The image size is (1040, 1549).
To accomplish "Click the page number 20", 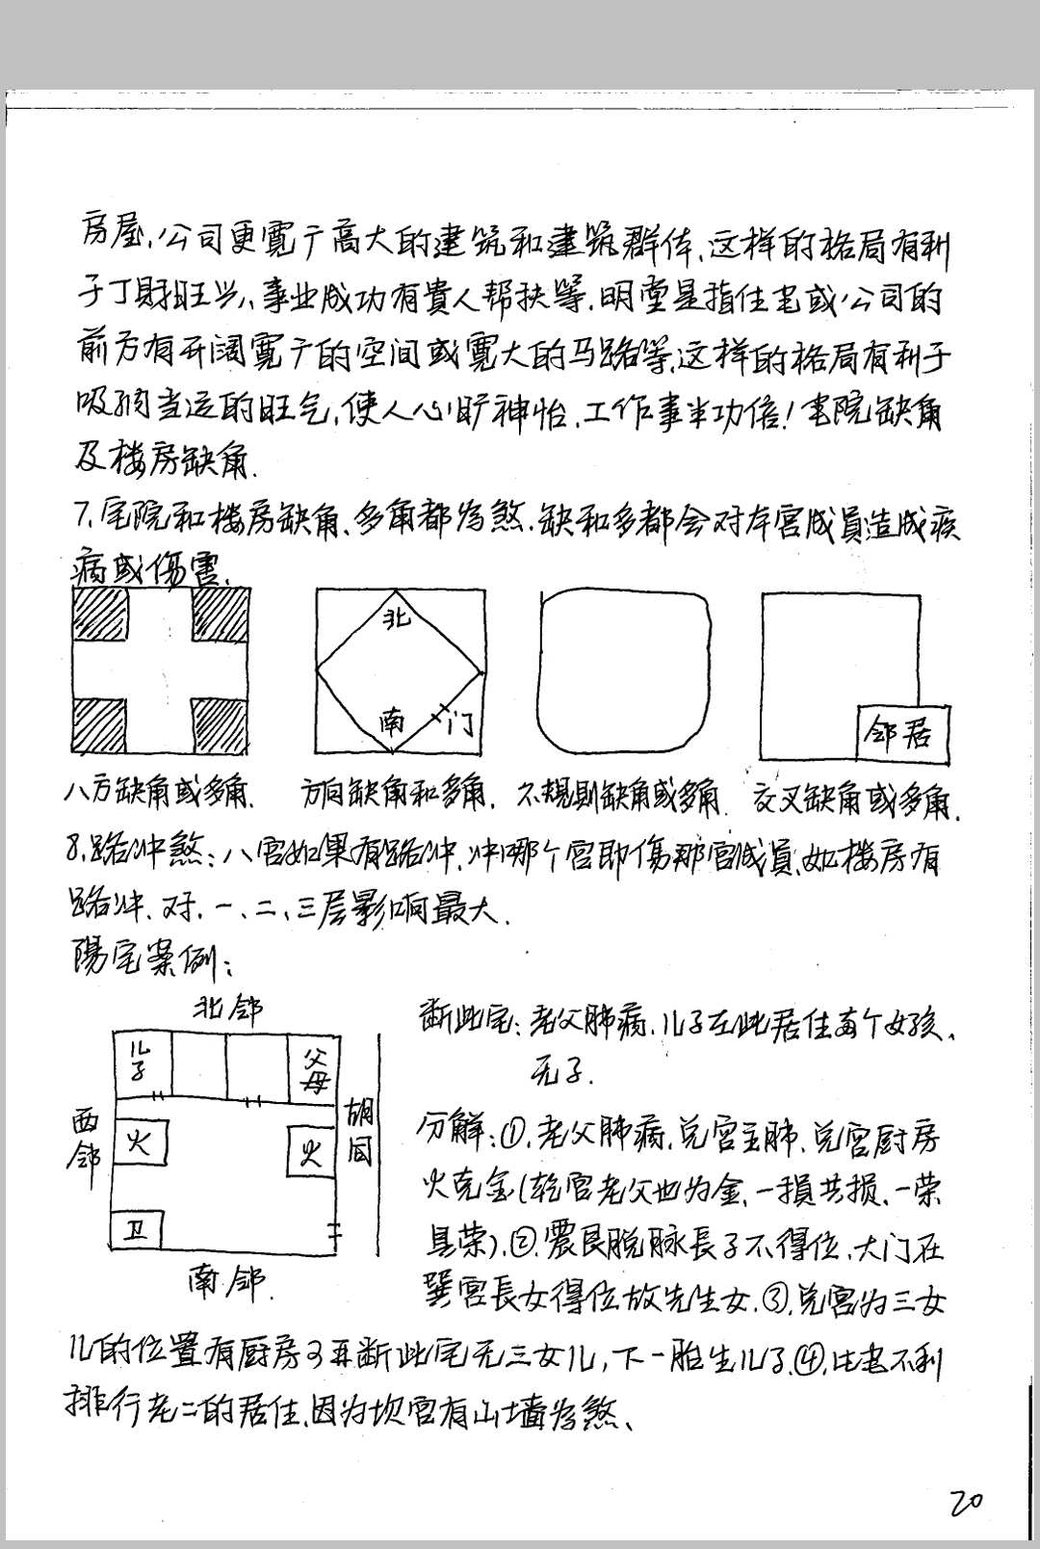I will (x=965, y=1500).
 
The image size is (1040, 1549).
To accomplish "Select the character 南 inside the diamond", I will (x=391, y=721).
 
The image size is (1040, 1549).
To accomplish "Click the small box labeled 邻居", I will (x=901, y=735).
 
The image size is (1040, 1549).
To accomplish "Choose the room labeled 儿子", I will (x=143, y=1064).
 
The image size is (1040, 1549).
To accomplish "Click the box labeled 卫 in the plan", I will (x=137, y=1230).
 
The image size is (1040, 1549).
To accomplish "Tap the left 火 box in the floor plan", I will (x=140, y=1144).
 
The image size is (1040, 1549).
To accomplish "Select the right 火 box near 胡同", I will (x=310, y=1151).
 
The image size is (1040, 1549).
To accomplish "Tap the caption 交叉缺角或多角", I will (x=860, y=799).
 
